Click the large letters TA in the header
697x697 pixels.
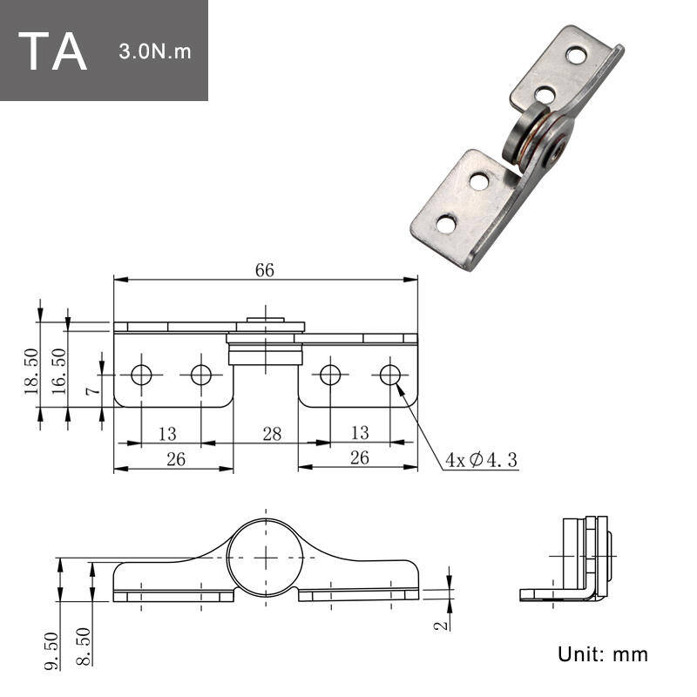[52, 51]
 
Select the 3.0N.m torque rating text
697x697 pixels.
[155, 51]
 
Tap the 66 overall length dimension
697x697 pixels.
[265, 270]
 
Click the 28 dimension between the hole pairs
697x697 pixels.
[272, 433]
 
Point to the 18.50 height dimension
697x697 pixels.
[31, 371]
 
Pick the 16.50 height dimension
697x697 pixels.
[58, 371]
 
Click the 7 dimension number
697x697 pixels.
[93, 390]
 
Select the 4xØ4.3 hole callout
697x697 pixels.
[482, 460]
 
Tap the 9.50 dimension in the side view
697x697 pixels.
[51, 650]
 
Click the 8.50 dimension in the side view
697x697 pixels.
[84, 646]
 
